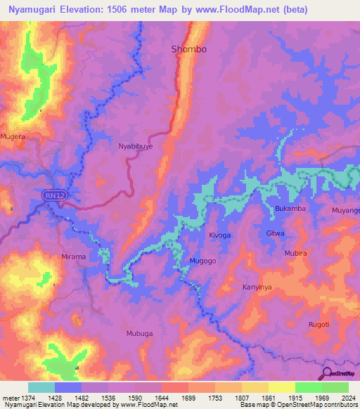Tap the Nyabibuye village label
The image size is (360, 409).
point(135,147)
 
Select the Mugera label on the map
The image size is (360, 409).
point(13,136)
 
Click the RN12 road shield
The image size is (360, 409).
point(52,194)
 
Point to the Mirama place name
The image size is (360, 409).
point(73,257)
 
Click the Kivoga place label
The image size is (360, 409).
point(219,236)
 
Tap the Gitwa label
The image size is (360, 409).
point(275,233)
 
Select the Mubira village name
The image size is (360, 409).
point(295,253)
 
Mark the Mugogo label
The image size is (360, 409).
point(202,261)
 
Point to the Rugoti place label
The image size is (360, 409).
point(319,324)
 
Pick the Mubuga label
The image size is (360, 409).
point(139,334)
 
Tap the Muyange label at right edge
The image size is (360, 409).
point(345,210)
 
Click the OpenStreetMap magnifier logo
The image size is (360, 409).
point(326,373)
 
